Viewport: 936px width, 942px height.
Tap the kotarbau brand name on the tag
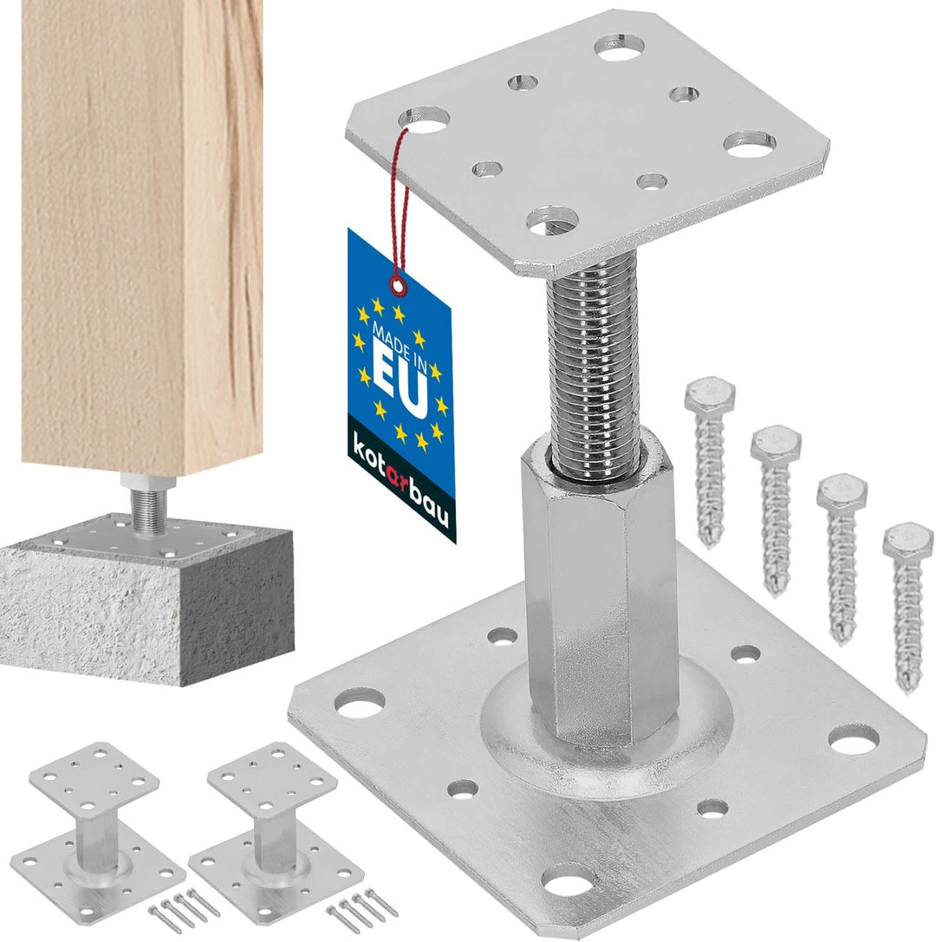click(x=399, y=480)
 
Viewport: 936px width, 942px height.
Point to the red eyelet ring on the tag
click(x=397, y=286)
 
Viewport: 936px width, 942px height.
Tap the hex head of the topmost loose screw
click(x=710, y=392)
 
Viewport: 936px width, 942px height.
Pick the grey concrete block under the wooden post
click(x=147, y=601)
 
